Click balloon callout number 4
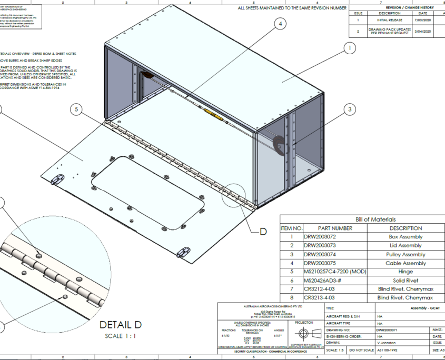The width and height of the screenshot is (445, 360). tap(281, 24)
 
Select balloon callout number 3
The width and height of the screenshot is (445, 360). tap(349, 109)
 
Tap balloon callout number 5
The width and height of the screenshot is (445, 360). tap(77, 109)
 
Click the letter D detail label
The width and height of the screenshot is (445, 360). tap(263, 231)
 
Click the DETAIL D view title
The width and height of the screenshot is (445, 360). tap(121, 325)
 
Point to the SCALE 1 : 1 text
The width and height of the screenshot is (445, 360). tap(121, 335)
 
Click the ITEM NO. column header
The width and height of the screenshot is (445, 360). tap(291, 228)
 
